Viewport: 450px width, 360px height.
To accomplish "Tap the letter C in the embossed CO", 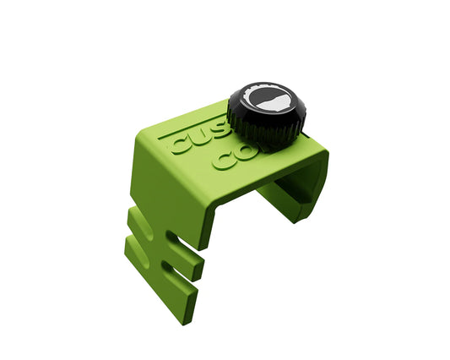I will tap(224, 160).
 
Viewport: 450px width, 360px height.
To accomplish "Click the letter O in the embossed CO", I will tap(244, 153).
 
